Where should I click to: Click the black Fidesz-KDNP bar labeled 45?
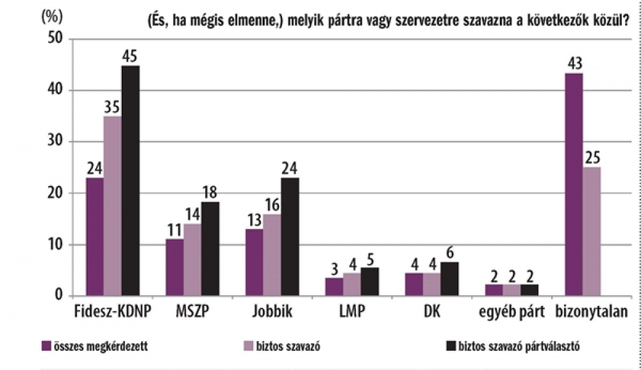(x=130, y=181)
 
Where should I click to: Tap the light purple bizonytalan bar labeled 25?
(x=592, y=231)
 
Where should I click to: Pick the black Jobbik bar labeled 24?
(x=290, y=237)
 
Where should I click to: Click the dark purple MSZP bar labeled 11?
(x=174, y=267)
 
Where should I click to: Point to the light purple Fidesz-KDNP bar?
(x=112, y=206)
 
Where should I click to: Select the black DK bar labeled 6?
(x=449, y=279)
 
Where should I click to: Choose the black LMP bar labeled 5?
(x=370, y=282)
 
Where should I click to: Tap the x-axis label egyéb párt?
(x=512, y=312)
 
